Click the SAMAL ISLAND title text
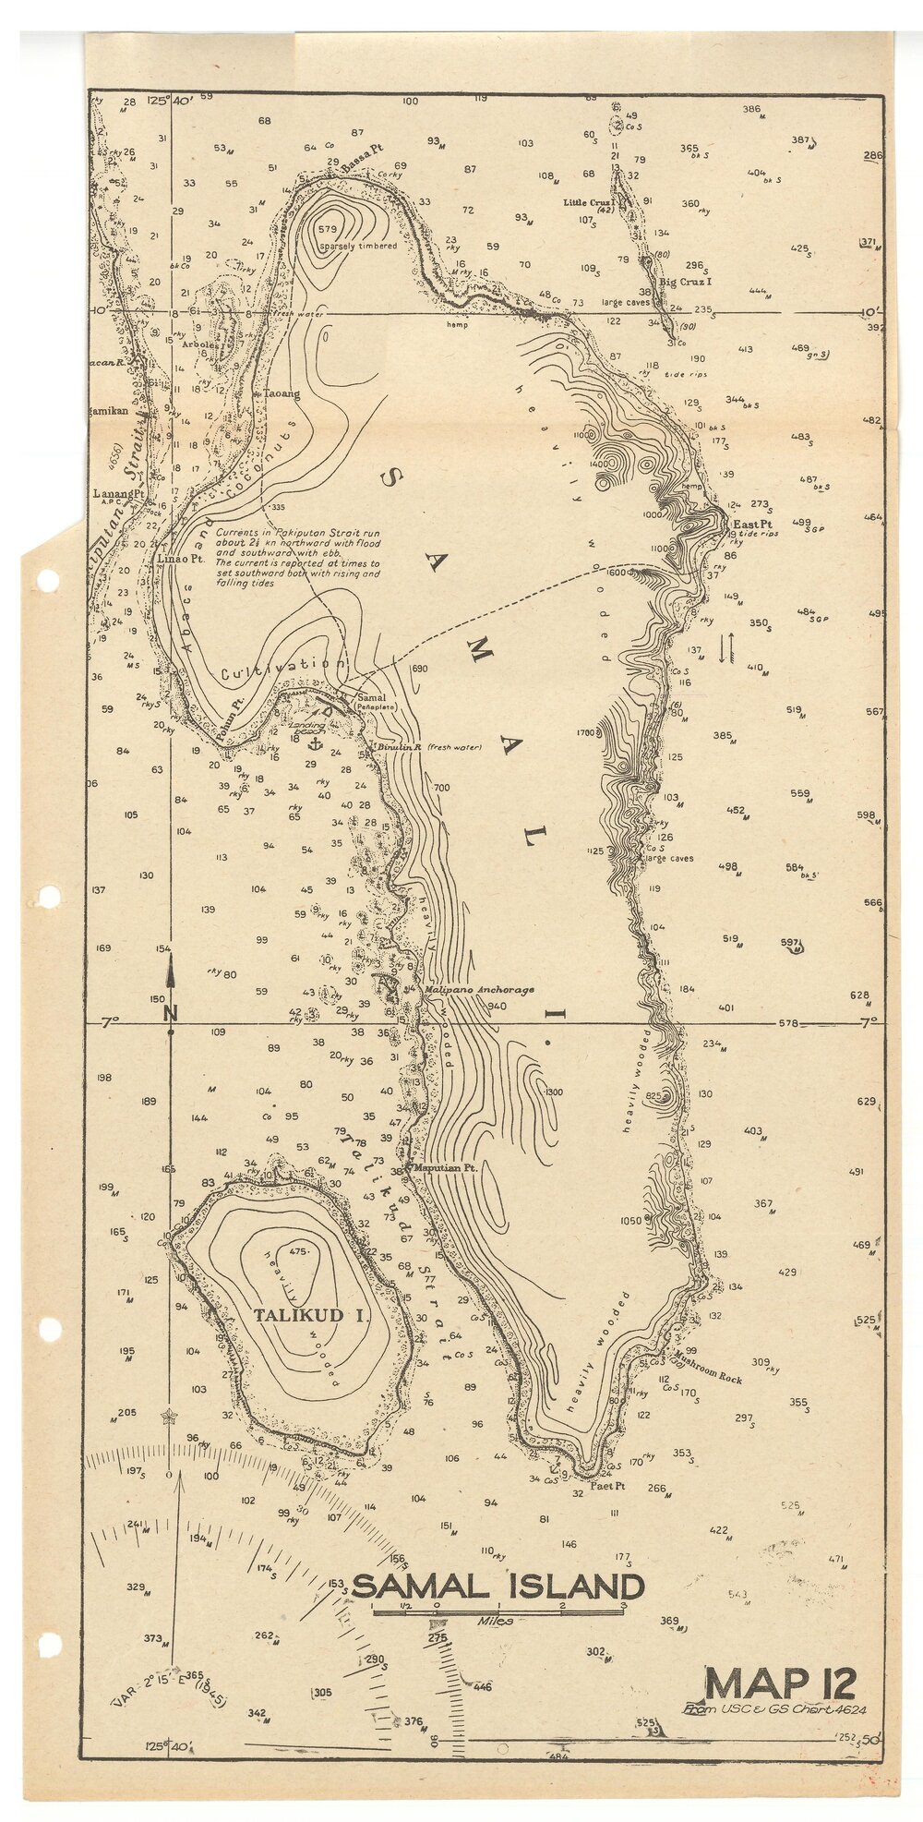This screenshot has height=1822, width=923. pyautogui.click(x=497, y=1587)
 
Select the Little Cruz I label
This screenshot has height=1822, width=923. pyautogui.click(x=589, y=201)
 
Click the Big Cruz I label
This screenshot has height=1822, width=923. pyautogui.click(x=684, y=282)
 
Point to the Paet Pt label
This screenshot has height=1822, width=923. pyautogui.click(x=608, y=1486)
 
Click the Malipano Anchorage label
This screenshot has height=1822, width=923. pyautogui.click(x=480, y=989)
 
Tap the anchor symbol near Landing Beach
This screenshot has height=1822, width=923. pyautogui.click(x=314, y=742)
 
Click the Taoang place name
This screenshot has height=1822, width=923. pyautogui.click(x=282, y=393)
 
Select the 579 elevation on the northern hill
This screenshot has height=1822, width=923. pyautogui.click(x=327, y=228)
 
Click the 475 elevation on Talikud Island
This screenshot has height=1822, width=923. pyautogui.click(x=297, y=1251)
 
